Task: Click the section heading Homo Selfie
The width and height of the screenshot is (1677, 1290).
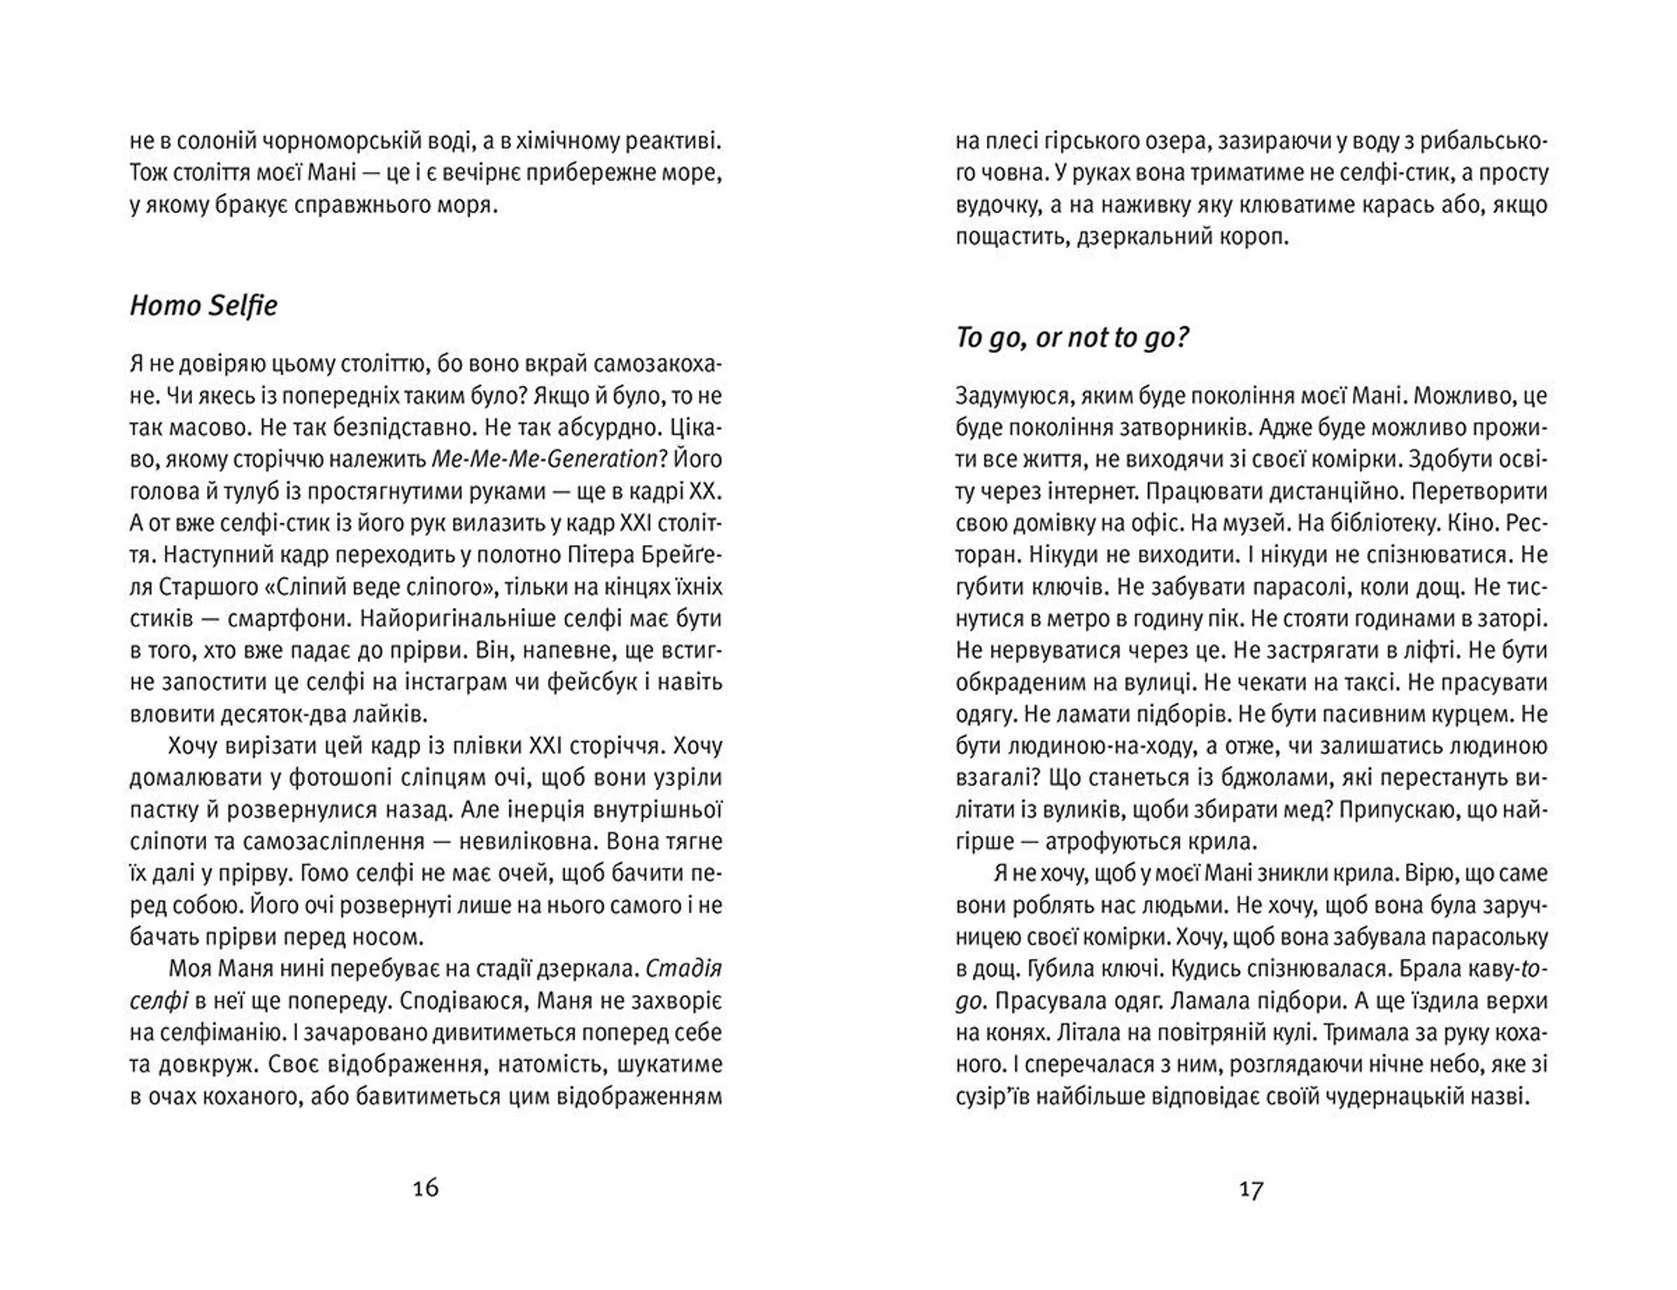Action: tap(204, 306)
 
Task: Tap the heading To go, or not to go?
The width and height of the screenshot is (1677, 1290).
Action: tap(1072, 338)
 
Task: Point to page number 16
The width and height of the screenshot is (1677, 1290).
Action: tap(425, 1188)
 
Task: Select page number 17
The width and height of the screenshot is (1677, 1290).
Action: tap(1251, 1189)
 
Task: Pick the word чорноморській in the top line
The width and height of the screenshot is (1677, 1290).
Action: tap(302, 141)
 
